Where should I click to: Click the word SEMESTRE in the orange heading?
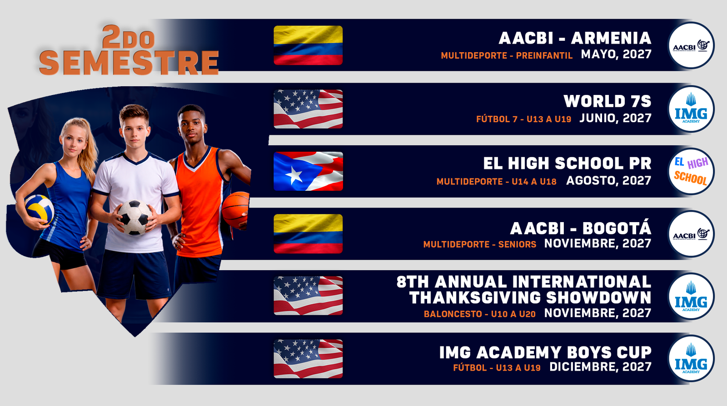[x=129, y=63]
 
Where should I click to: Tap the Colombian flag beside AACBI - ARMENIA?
[x=308, y=45]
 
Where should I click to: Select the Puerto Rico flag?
[x=308, y=171]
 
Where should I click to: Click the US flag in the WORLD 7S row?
[x=308, y=109]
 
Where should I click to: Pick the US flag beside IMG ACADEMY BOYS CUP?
[x=308, y=359]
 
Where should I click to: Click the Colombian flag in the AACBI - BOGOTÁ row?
[x=308, y=234]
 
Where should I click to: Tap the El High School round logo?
[x=691, y=171]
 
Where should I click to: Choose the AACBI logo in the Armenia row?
[x=691, y=45]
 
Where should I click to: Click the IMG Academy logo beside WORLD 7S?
[x=691, y=109]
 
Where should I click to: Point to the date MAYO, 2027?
[x=616, y=54]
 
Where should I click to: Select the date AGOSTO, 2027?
[x=608, y=180]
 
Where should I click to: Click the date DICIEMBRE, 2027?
[x=600, y=367]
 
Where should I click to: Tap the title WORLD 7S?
[x=607, y=101]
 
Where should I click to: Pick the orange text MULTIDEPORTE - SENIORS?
[x=480, y=244]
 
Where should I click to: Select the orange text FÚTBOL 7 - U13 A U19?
[x=523, y=119]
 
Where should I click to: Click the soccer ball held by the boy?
[x=134, y=217]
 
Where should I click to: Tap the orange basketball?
[x=236, y=209]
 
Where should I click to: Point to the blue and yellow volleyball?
[x=39, y=209]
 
